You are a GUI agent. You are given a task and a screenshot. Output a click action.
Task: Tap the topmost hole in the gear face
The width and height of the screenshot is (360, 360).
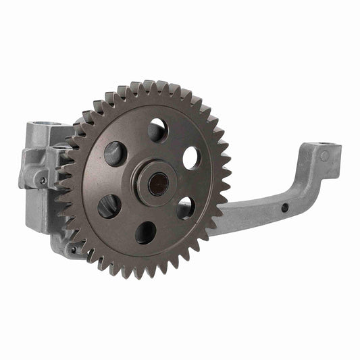tap(157, 130)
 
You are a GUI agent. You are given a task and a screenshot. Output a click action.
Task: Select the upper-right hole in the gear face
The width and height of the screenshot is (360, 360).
tap(191, 157)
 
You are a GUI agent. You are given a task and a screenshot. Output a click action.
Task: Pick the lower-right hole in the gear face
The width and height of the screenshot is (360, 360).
tap(186, 207)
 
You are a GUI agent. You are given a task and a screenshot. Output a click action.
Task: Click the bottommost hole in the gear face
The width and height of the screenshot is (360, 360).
tap(146, 233)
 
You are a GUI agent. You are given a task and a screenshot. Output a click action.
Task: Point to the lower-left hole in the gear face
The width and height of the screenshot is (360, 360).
tap(109, 206)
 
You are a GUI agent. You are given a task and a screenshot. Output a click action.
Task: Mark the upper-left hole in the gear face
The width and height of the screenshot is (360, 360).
tap(115, 153)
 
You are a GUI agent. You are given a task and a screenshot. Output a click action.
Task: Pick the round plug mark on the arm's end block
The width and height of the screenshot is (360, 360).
tap(325, 156)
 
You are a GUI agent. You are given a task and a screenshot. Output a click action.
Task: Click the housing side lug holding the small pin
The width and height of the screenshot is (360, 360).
tap(38, 174)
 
